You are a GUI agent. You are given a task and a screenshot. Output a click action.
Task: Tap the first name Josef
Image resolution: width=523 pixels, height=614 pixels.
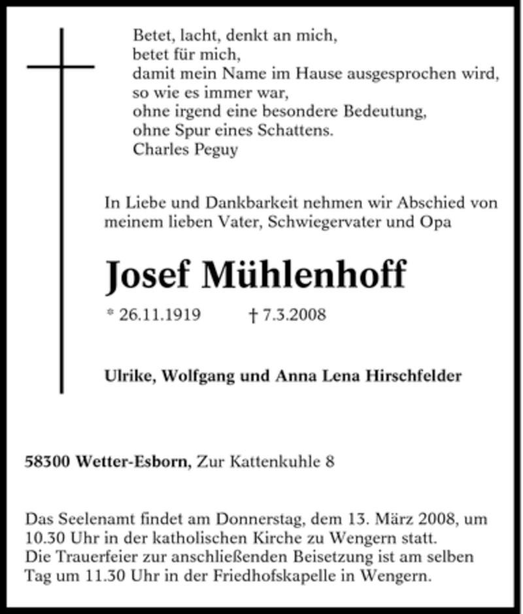click(x=148, y=275)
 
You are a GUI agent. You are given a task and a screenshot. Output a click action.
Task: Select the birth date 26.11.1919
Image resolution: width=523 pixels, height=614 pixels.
click(x=160, y=315)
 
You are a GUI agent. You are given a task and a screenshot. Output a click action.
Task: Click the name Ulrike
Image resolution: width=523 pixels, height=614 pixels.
click(x=126, y=376)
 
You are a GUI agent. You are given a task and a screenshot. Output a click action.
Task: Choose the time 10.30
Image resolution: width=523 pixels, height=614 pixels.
click(x=42, y=539)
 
